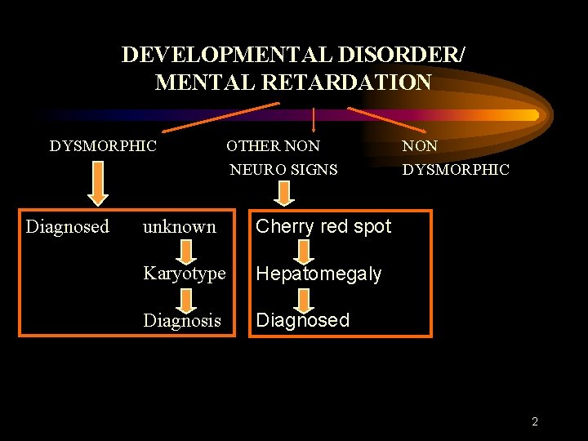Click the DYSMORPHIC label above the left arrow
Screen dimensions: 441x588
coord(103,146)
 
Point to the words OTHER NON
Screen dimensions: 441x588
coord(273,146)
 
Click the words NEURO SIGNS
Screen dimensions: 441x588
coord(283,170)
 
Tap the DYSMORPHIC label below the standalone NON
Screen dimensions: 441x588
coord(456,170)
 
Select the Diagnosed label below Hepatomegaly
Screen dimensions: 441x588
coord(302,320)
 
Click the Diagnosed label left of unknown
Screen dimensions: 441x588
coord(67,226)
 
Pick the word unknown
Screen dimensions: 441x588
coord(180,226)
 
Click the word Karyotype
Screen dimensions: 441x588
coord(185,274)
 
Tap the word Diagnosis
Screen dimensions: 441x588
coord(182,320)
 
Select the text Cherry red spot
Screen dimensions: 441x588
coord(323,226)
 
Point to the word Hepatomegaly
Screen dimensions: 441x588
coord(318,274)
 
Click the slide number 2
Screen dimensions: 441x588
coord(535,421)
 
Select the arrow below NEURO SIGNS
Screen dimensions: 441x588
coord(283,193)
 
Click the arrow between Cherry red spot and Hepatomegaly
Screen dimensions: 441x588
coord(305,250)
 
